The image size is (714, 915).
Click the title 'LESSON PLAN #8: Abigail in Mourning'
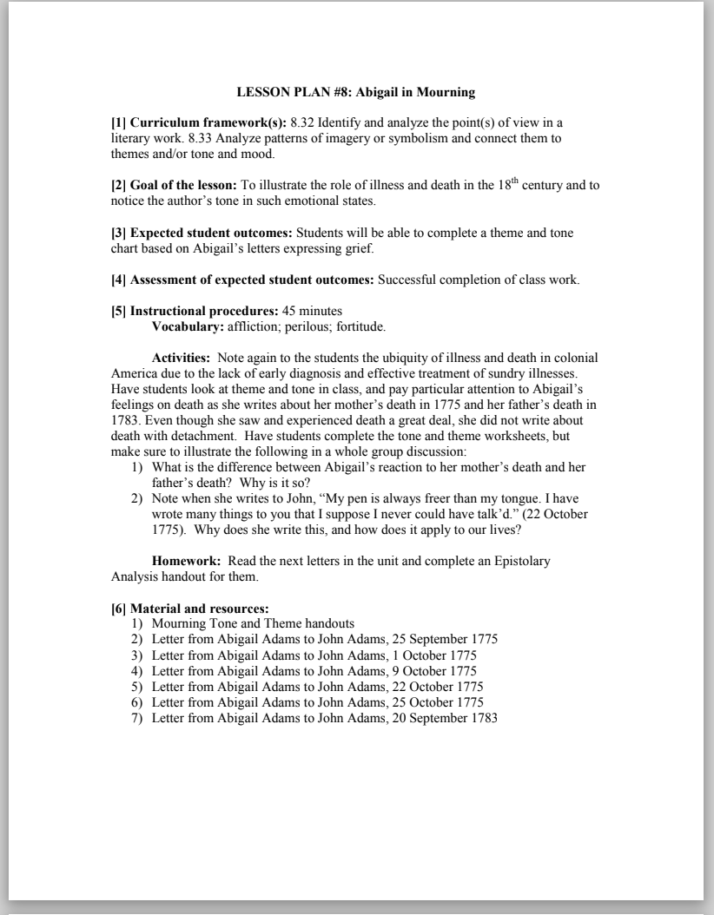356,91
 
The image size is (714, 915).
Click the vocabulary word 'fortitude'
358,326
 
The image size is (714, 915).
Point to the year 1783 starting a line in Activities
126,420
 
